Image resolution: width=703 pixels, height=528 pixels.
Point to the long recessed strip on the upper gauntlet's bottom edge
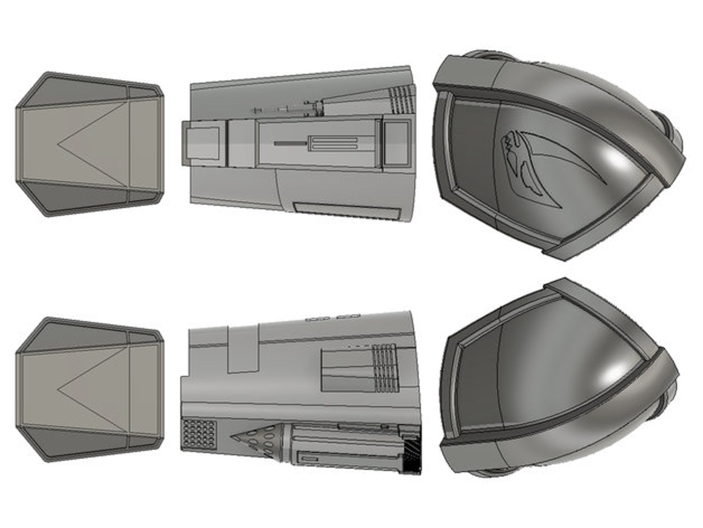(346, 210)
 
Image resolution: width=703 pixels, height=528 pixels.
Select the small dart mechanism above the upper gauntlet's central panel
(288, 109)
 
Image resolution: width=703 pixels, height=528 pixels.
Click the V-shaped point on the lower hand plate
(60, 391)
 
